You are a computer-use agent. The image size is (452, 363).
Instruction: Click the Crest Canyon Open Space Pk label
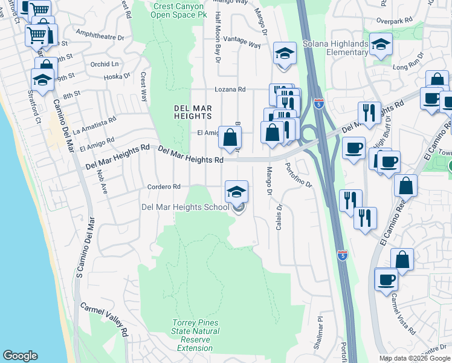point(180,10)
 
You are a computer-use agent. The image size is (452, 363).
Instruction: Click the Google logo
point(20,356)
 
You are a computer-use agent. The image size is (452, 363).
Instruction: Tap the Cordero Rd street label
point(164,187)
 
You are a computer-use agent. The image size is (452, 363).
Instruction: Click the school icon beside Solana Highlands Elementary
point(381,45)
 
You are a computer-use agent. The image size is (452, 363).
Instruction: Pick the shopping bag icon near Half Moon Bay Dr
point(230,137)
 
